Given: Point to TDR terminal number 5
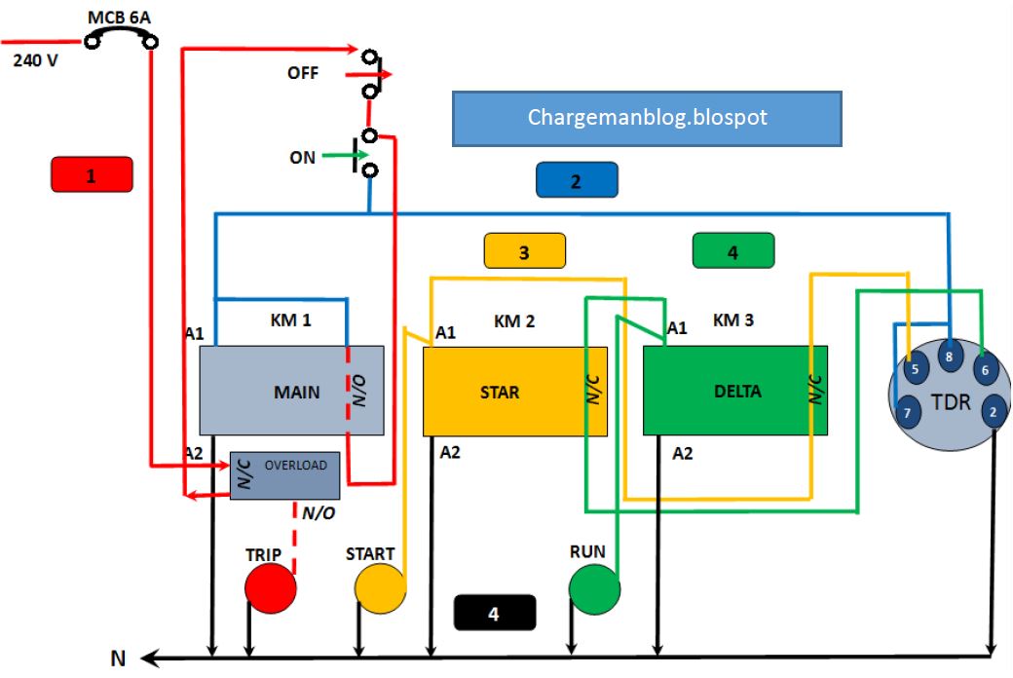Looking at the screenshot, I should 914,369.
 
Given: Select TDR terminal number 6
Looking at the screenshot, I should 984,369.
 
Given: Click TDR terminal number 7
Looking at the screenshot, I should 907,412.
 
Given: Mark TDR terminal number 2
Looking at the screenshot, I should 992,410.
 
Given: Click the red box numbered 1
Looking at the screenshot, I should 91,176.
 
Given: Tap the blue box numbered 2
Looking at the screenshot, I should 576,181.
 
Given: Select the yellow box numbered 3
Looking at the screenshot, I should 524,251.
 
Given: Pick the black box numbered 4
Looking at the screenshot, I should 494,613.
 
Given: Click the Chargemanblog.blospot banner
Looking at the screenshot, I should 647,119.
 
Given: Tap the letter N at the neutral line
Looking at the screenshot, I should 118,659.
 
